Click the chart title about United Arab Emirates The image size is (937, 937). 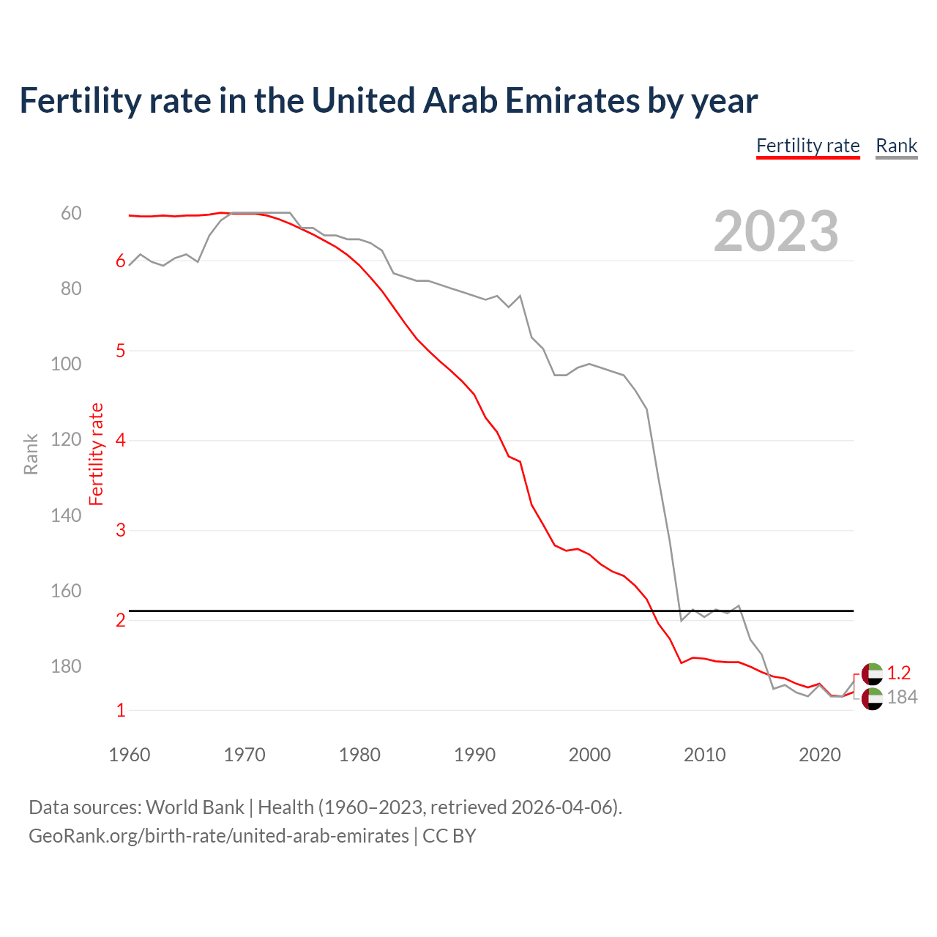tap(388, 101)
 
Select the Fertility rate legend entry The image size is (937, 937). tap(807, 146)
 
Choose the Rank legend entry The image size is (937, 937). tap(896, 146)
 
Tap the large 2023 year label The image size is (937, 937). tap(776, 231)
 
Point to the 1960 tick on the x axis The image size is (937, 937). tap(130, 755)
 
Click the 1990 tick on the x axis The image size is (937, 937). tap(474, 755)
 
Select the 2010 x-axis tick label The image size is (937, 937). tap(704, 755)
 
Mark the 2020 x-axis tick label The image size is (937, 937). tap(819, 755)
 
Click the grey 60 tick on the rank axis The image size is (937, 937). tap(71, 213)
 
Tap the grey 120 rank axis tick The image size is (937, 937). tap(66, 439)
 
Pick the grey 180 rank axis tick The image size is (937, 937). tap(66, 666)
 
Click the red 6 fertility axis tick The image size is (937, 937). tap(121, 261)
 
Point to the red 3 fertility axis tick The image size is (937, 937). tap(121, 530)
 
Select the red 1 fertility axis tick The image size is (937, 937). tap(121, 710)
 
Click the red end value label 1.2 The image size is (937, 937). tap(898, 673)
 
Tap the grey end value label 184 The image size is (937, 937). tap(902, 698)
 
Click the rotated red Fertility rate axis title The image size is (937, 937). tap(96, 454)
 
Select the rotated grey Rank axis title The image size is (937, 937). tap(31, 454)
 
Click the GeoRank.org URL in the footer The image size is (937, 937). tap(219, 835)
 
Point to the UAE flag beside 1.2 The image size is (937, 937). tap(872, 673)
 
